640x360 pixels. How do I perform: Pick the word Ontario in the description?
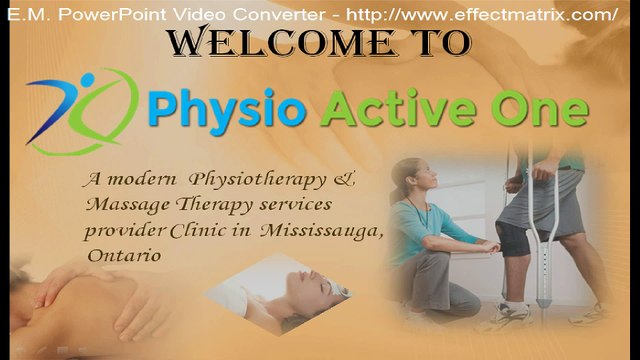tap(125, 255)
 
